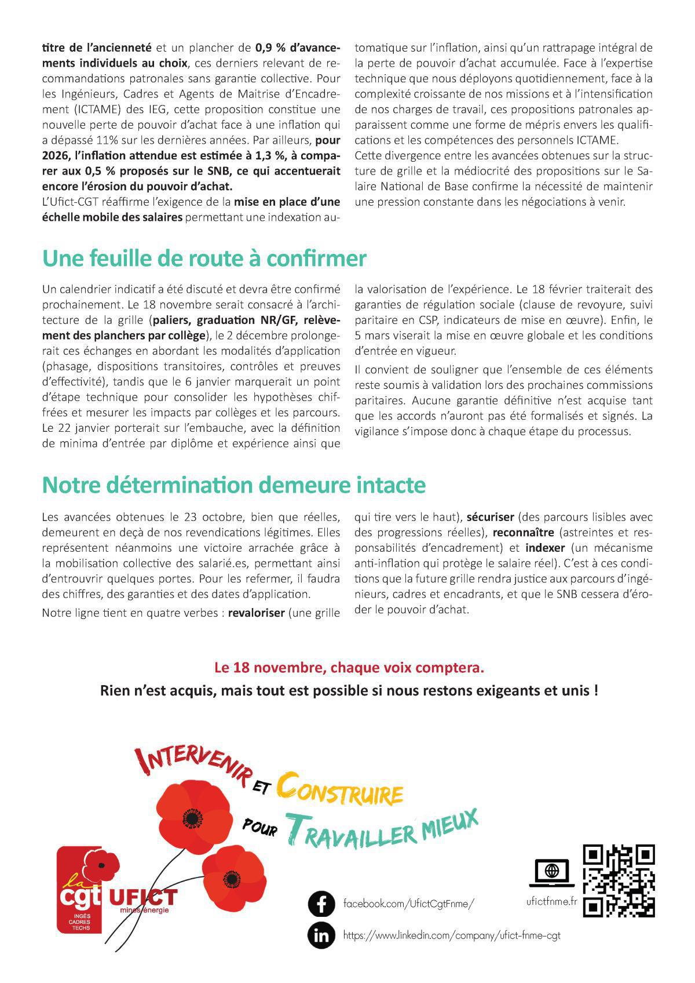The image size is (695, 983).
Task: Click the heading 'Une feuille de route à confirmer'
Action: pos(204,259)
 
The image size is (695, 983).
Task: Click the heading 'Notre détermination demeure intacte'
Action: pos(233,485)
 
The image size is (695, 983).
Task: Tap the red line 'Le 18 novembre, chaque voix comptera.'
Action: pos(349,668)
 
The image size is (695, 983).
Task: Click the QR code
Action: pos(618,881)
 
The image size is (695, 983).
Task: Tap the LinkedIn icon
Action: pos(321,935)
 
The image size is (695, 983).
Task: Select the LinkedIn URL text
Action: pos(451,935)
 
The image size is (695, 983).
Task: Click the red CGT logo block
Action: pos(80,893)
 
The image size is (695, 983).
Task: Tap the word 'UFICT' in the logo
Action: pos(143,897)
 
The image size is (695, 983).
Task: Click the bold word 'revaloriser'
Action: pos(257,613)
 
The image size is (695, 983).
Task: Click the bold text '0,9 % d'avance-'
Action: pos(298,48)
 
